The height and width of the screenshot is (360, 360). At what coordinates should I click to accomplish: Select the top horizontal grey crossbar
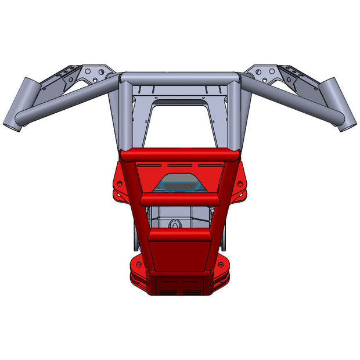pos(179,78)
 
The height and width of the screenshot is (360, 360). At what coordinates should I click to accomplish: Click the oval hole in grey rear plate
pos(175,223)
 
